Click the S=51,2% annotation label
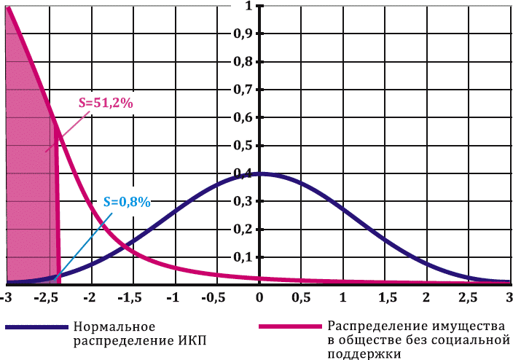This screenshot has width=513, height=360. pyautogui.click(x=106, y=103)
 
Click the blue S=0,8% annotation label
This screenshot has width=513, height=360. pyautogui.click(x=126, y=202)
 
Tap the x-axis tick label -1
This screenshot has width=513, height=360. pyautogui.click(x=173, y=298)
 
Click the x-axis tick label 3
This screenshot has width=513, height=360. pyautogui.click(x=508, y=298)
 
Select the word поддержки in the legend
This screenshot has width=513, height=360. pyautogui.click(x=364, y=353)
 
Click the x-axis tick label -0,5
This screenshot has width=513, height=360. pyautogui.click(x=216, y=298)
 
